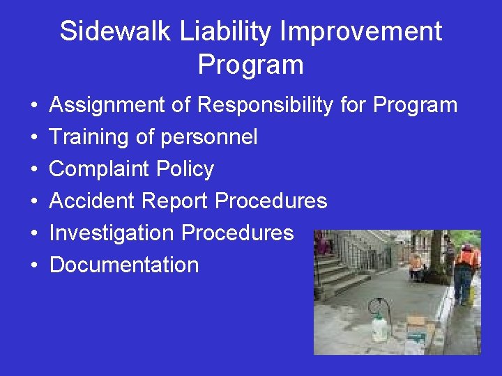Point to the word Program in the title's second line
(x=251, y=65)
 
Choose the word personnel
(x=208, y=137)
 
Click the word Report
(x=174, y=201)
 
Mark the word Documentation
(x=124, y=265)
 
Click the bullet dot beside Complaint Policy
(x=33, y=170)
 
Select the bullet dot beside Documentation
(x=33, y=265)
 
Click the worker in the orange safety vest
(x=465, y=268)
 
